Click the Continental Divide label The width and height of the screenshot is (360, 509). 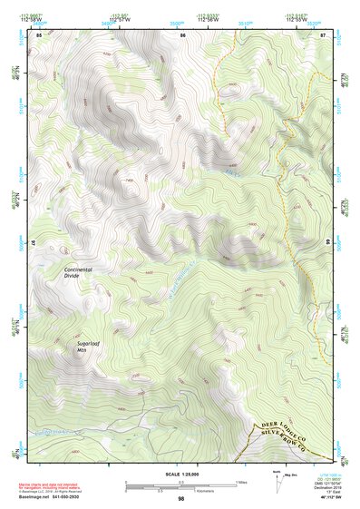point(84,273)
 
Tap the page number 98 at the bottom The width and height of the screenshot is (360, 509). point(180,499)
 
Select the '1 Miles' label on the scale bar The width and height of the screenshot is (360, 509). point(239,482)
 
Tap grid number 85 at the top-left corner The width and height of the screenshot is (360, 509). point(39,34)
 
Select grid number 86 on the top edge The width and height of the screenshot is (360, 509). point(183,34)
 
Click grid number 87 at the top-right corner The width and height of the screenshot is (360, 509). point(323,34)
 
